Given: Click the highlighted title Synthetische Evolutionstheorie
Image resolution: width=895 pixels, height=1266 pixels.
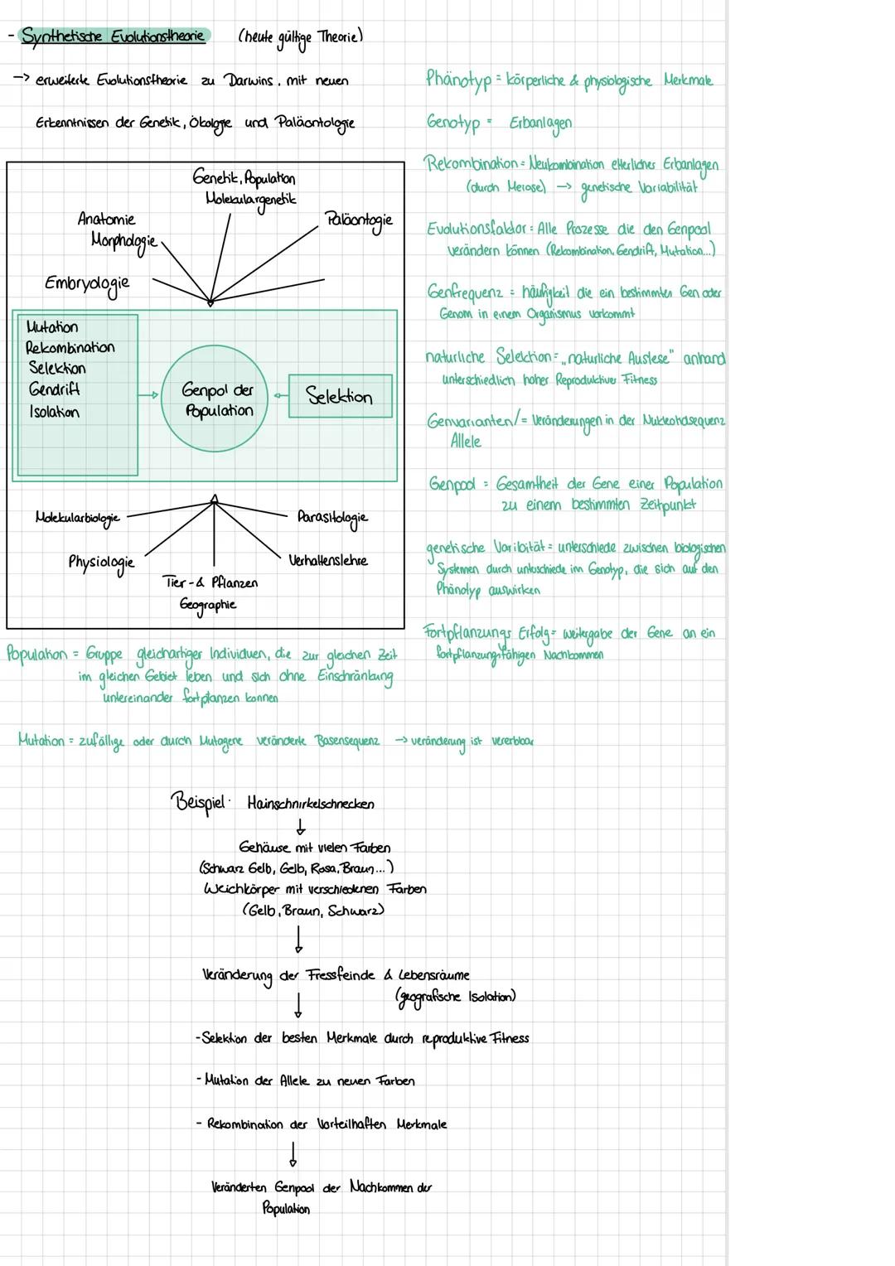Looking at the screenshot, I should pyautogui.click(x=114, y=36).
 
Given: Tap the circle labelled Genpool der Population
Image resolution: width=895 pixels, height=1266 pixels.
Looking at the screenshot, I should pyautogui.click(x=218, y=400).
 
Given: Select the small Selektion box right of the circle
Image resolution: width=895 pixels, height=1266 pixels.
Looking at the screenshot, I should pyautogui.click(x=340, y=396).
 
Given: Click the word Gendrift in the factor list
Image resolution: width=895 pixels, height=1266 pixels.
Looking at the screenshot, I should pyautogui.click(x=54, y=389).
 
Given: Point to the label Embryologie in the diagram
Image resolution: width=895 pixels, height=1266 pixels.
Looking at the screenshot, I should pyautogui.click(x=87, y=283).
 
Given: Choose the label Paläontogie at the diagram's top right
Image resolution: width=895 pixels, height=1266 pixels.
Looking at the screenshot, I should pyautogui.click(x=358, y=220).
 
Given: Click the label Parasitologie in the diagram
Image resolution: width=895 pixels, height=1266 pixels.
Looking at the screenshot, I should pyautogui.click(x=332, y=518).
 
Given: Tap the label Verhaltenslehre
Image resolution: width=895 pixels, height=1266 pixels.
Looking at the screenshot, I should pyautogui.click(x=328, y=561).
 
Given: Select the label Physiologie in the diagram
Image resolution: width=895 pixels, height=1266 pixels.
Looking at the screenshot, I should pyautogui.click(x=101, y=563).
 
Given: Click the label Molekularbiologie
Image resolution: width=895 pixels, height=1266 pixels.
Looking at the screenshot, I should pyautogui.click(x=78, y=518).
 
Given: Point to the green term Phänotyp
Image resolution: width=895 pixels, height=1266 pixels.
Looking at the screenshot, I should pyautogui.click(x=458, y=80).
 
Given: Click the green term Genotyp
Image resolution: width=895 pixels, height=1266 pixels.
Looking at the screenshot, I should pyautogui.click(x=453, y=123).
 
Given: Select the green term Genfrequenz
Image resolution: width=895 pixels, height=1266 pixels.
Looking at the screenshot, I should pyautogui.click(x=465, y=292).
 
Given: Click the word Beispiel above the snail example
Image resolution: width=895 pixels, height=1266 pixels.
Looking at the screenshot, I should pyautogui.click(x=198, y=802).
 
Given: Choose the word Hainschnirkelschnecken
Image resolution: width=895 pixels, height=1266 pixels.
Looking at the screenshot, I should pyautogui.click(x=311, y=804).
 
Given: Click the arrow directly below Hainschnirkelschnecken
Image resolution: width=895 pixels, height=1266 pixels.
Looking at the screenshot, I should pyautogui.click(x=301, y=826).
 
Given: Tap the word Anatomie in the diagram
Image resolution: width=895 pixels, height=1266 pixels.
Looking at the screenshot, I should pyautogui.click(x=106, y=220).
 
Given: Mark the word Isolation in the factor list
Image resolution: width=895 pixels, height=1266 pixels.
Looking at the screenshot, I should pyautogui.click(x=55, y=412).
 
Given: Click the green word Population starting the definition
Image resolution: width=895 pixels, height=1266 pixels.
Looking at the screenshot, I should pyautogui.click(x=36, y=654).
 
